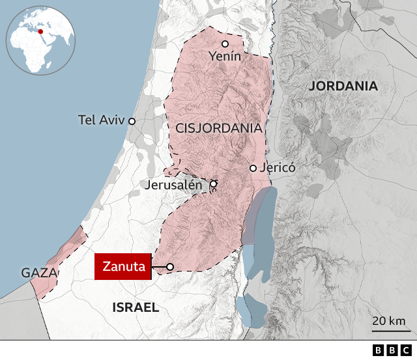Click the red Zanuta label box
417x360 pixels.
tap(124, 267)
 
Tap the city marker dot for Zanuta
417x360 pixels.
tap(170, 267)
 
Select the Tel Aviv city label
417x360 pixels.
tap(101, 120)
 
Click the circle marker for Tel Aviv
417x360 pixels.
tap(132, 121)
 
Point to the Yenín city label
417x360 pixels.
tap(225, 57)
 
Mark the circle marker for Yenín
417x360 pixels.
tap(225, 44)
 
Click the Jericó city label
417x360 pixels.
tap(278, 168)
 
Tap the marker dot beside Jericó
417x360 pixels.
tap(253, 168)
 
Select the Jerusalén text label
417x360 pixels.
tap(174, 184)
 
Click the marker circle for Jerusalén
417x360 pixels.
tap(213, 184)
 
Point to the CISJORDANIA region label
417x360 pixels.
tap(219, 129)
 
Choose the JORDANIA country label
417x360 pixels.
tap(343, 86)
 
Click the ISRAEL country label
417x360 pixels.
tap(136, 307)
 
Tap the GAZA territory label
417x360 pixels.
tap(38, 273)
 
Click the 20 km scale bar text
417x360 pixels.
tap(389, 321)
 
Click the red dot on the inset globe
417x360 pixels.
tap(40, 31)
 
